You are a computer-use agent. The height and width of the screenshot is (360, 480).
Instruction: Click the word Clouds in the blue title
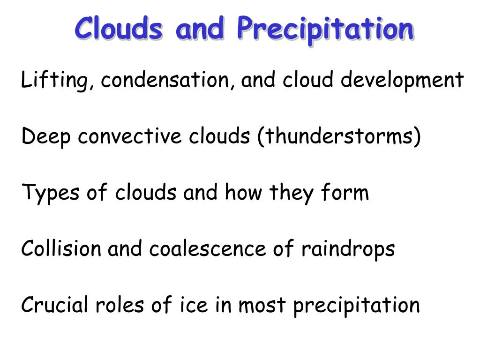click(x=119, y=28)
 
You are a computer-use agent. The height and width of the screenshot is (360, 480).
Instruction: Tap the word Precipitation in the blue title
click(x=325, y=30)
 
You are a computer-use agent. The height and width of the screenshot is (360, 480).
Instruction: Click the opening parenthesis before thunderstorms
click(x=261, y=136)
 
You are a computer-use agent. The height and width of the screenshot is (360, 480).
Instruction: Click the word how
click(x=243, y=192)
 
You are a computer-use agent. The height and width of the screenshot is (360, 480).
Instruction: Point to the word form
click(x=345, y=192)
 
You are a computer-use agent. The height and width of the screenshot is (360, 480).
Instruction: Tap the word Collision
click(x=60, y=248)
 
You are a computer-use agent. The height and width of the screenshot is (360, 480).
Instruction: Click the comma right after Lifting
click(x=91, y=86)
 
